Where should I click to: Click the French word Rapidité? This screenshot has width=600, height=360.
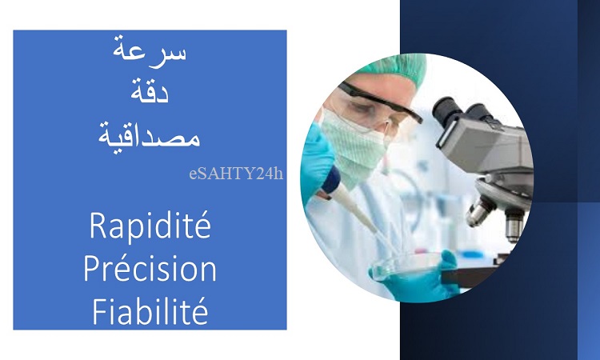click(x=150, y=226)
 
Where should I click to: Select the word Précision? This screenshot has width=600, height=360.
click(x=150, y=269)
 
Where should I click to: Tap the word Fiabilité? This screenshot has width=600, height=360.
click(x=150, y=311)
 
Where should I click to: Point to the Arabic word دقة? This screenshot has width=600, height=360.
click(x=150, y=91)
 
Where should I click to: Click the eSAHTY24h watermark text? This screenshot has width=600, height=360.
click(x=236, y=174)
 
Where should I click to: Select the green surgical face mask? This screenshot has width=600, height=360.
click(x=354, y=147)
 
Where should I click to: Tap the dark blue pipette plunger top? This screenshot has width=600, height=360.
click(x=331, y=179)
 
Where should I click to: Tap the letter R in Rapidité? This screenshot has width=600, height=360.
click(x=98, y=226)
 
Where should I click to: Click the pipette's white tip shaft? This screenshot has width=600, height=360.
click(x=360, y=214)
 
